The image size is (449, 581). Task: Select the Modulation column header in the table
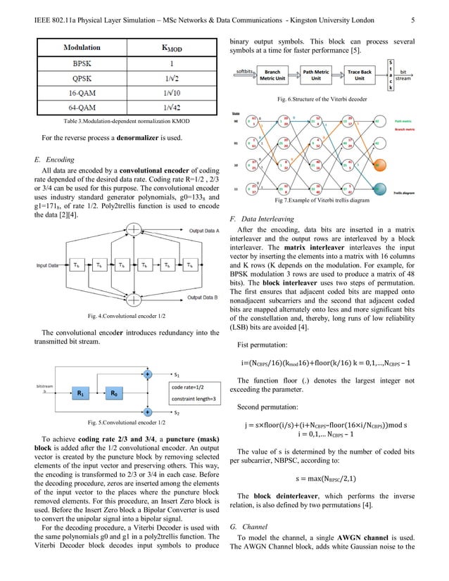click(x=82, y=48)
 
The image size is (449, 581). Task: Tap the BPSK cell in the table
click(x=82, y=64)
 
